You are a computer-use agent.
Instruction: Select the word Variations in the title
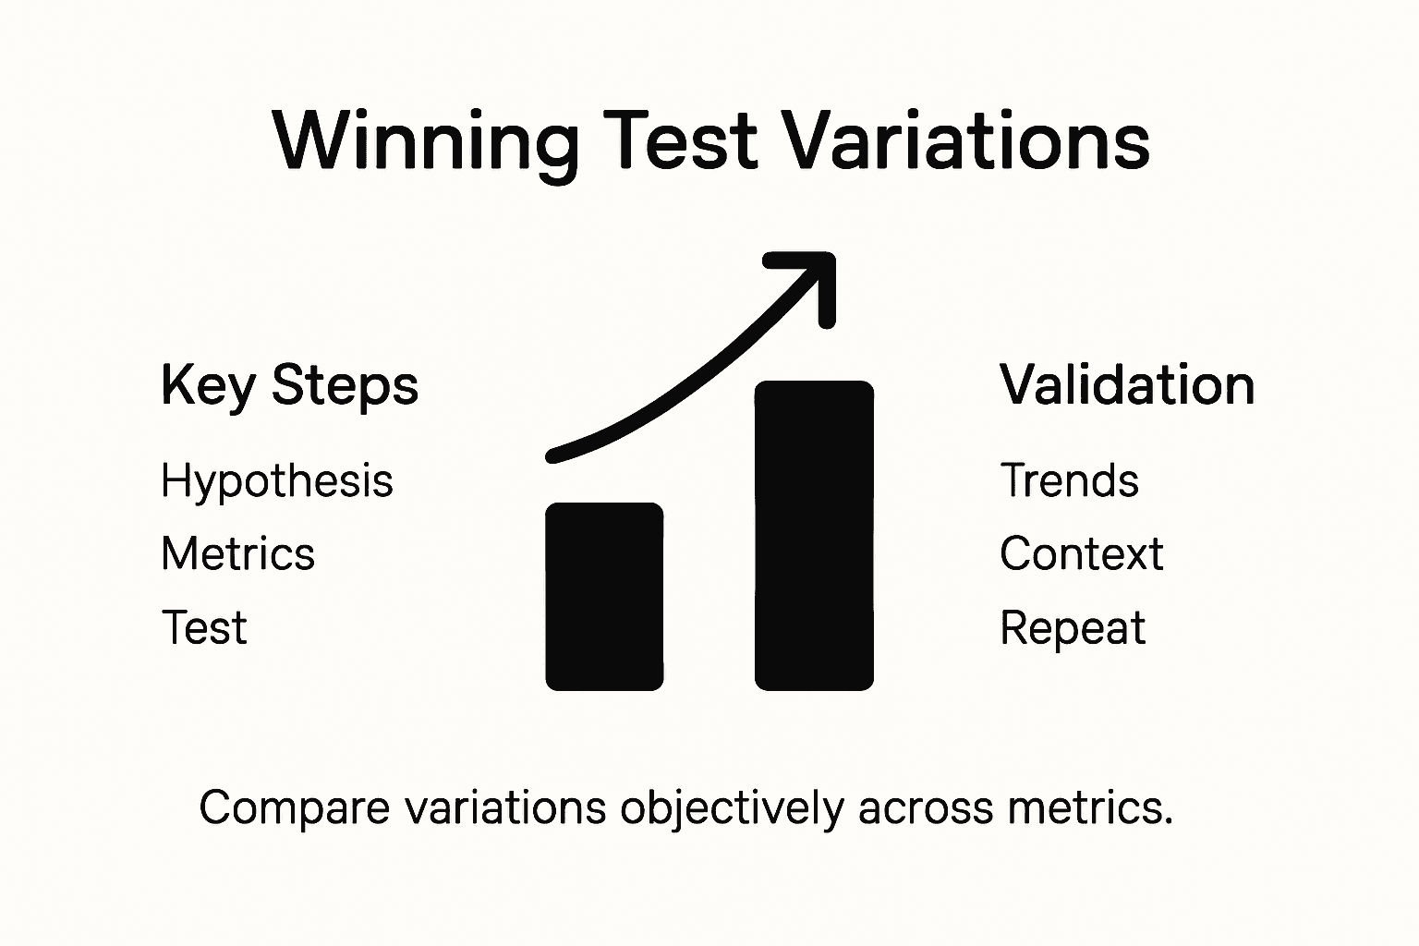pos(965,140)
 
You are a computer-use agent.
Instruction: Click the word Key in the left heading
pos(207,385)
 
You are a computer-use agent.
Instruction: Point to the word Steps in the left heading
pos(345,385)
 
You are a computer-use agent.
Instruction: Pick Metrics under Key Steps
pos(237,554)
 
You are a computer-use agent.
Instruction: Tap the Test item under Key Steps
pos(204,628)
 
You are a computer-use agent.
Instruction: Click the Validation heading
pos(1127,385)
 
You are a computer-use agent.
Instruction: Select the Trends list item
pos(1069,480)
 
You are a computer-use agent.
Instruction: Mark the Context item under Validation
pos(1081,554)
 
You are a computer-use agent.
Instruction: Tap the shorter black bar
pos(604,597)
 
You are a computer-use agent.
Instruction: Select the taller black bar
pos(814,536)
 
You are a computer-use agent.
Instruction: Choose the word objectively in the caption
pos(732,808)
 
